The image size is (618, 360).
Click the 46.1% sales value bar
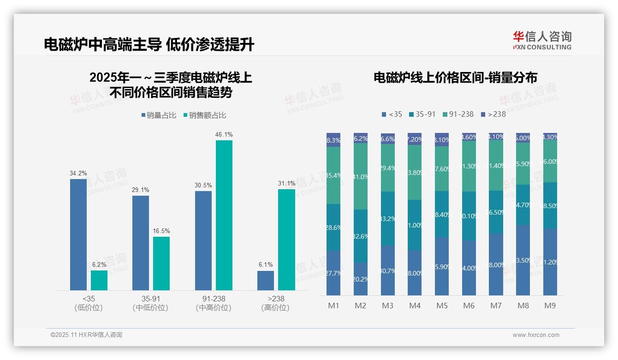coord(224,215)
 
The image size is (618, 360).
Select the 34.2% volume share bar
coord(78,234)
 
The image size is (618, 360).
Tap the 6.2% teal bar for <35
coord(99,280)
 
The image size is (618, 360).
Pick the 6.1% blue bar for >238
coord(265,281)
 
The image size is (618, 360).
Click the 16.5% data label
coord(161,231)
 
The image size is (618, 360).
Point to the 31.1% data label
coord(286,183)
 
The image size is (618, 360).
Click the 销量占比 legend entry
coord(159,115)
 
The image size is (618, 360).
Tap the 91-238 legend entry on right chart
coord(458,114)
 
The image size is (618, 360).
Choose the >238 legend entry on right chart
coord(493,114)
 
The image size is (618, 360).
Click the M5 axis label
coord(442,306)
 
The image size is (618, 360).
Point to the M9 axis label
coord(550,306)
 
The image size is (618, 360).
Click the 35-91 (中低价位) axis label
coord(150,303)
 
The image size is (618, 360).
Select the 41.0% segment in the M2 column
coord(361,176)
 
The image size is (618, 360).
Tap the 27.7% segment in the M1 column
coord(333,273)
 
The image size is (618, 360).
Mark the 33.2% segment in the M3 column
coord(388,218)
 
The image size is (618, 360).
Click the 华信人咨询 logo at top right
coord(542,40)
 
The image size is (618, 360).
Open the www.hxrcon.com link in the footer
coord(535,335)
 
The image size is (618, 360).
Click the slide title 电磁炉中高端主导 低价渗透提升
coord(149,44)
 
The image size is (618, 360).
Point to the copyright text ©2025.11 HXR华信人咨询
coord(86,335)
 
